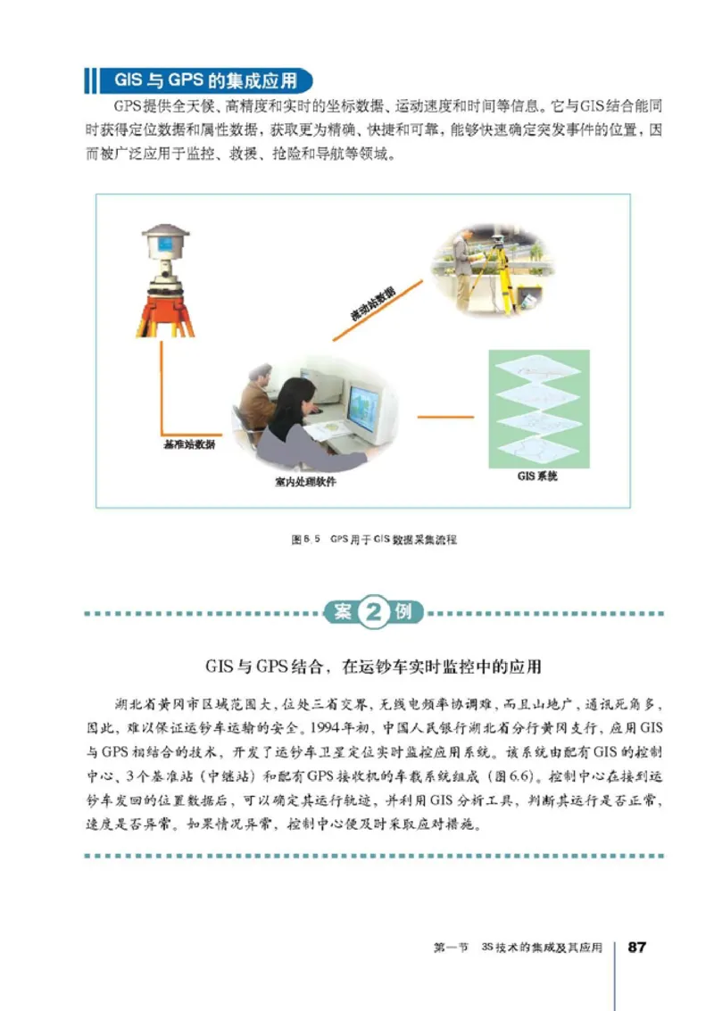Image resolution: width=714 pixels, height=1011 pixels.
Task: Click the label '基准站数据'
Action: click(x=188, y=443)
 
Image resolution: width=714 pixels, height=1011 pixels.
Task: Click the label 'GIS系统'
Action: click(x=537, y=477)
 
